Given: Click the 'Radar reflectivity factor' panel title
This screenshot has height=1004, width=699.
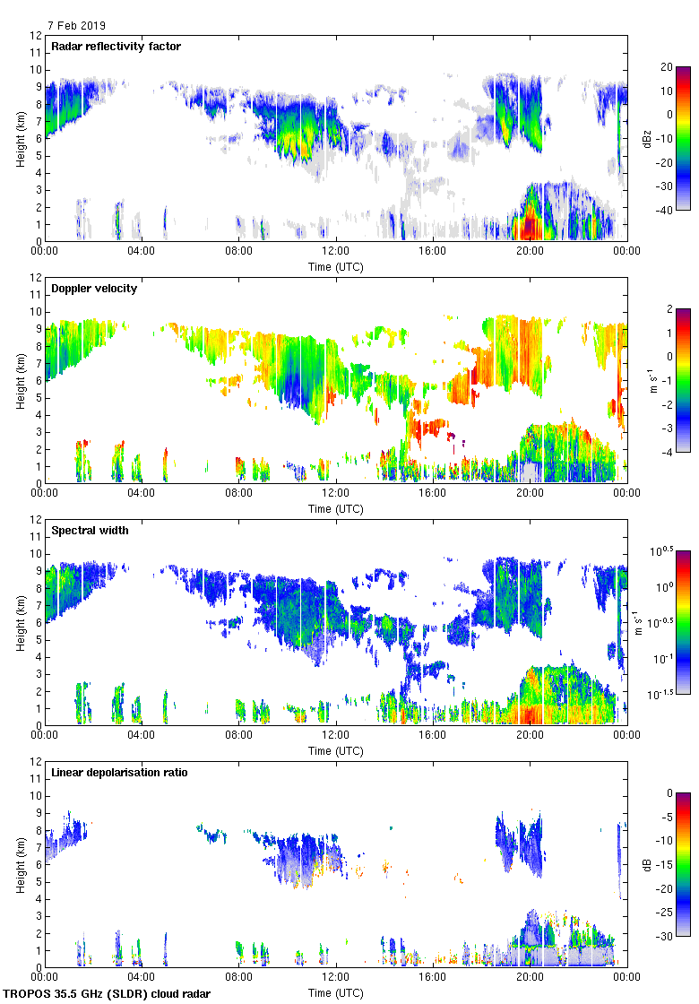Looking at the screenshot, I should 116,47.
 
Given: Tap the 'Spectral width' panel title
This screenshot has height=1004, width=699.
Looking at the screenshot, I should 90,531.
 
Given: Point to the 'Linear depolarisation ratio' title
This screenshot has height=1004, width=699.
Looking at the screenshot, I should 119,773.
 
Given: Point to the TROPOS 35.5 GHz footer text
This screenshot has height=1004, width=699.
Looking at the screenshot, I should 108,994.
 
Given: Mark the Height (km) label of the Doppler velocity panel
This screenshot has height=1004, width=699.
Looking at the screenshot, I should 20,380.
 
